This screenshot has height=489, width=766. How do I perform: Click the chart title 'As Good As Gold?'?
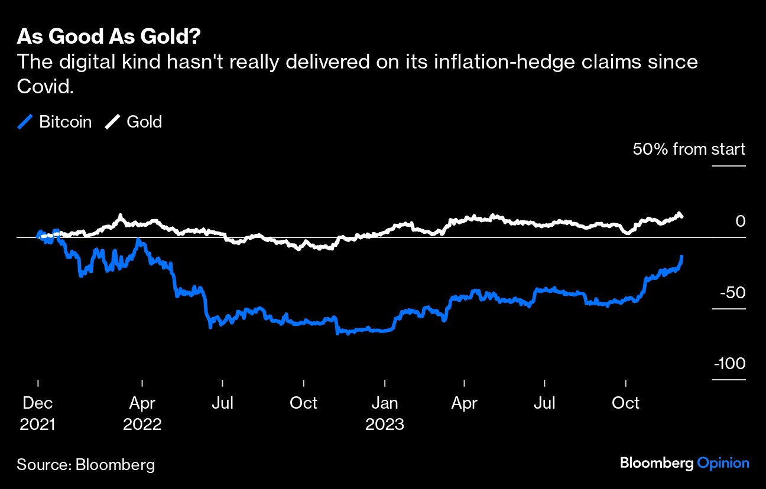coord(109,37)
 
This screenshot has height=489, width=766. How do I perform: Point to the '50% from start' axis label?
coord(689,149)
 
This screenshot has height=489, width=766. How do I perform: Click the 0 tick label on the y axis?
coord(740,221)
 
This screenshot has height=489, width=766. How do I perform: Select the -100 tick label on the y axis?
coord(729,364)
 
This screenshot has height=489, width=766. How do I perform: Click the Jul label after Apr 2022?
coord(223,403)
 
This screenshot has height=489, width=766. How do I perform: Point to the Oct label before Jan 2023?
coord(303,403)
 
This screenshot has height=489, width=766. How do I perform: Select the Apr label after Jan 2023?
coord(465,403)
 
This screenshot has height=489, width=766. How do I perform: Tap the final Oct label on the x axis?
coord(625,403)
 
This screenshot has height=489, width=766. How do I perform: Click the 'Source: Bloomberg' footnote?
coord(86,465)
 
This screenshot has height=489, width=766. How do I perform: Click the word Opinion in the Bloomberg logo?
coord(723,464)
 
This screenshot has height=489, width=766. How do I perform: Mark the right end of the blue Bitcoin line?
coord(681,257)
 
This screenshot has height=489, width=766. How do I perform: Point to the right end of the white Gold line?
coord(681,216)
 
